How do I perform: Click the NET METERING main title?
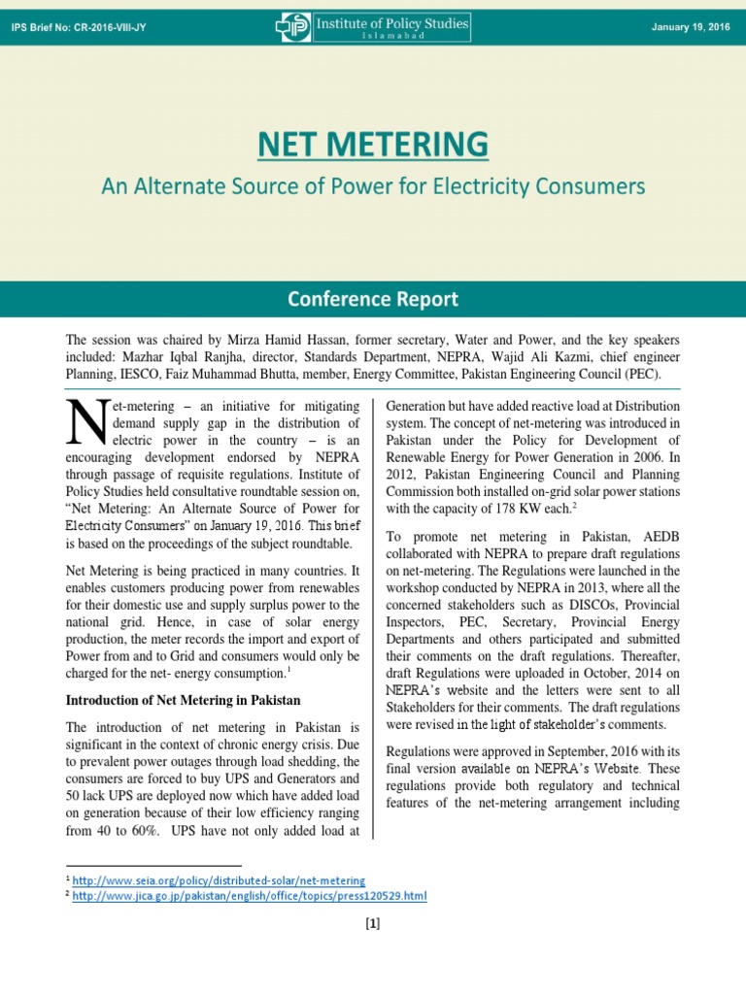[x=373, y=144]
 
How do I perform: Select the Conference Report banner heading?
[x=373, y=299]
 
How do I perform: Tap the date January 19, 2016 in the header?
[x=691, y=26]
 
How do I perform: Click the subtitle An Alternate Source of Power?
[x=373, y=184]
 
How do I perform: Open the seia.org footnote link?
[x=219, y=879]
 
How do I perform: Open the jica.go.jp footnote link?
[x=250, y=895]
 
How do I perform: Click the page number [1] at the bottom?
[x=373, y=923]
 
